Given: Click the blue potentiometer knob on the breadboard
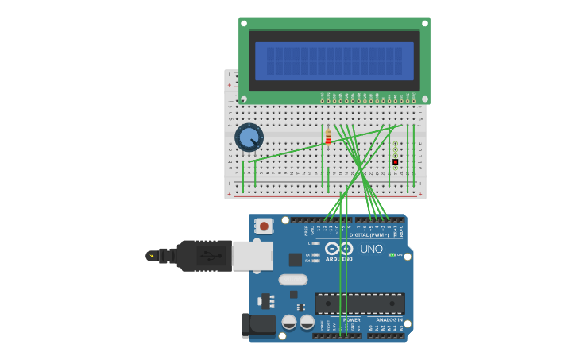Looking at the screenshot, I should coord(249,137).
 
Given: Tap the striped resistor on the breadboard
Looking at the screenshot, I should coord(328,138).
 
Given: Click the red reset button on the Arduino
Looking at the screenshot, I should coord(264,226).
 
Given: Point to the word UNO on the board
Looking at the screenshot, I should coord(371,249).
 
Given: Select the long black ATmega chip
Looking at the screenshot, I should coord(360,304).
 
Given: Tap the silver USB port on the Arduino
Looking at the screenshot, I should coord(252,256).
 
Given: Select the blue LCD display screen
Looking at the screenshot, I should coord(334,61).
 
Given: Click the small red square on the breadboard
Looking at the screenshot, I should coord(395,161).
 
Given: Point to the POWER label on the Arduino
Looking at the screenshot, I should coord(352,319).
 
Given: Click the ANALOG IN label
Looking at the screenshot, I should coord(389,319).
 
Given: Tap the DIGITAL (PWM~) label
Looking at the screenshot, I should coord(369,234).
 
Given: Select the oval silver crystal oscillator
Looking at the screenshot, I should coord(293,279).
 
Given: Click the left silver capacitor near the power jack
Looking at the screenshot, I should coord(289,322).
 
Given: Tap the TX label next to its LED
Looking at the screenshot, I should coord(307,255).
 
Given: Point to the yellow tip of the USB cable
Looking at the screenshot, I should coord(150,256).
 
